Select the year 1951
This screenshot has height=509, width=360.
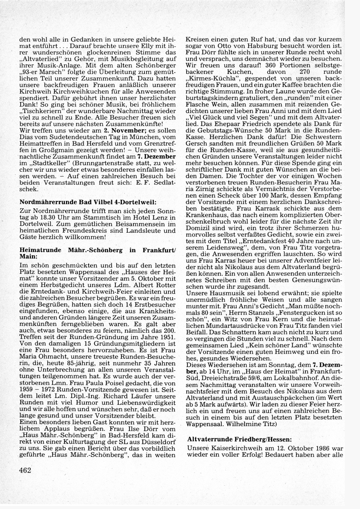click(167, 337)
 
